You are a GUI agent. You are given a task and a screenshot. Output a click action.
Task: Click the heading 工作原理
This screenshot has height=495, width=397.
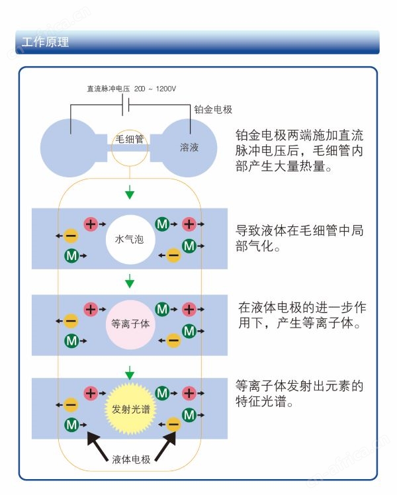click(x=46, y=42)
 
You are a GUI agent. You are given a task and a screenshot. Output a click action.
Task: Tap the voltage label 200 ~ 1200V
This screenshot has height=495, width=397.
click(x=155, y=89)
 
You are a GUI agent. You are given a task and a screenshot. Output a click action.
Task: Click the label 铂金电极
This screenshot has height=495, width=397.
click(x=213, y=110)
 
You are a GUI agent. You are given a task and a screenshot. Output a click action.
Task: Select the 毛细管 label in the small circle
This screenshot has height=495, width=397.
click(x=130, y=139)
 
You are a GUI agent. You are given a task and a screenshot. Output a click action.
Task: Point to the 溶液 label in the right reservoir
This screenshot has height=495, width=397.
click(x=189, y=147)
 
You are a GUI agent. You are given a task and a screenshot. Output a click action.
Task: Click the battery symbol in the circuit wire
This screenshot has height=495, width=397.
click(x=126, y=105)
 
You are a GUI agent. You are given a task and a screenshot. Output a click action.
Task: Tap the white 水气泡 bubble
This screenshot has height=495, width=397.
click(x=130, y=240)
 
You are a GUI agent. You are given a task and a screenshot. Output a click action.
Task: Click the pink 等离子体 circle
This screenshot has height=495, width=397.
click(x=130, y=324)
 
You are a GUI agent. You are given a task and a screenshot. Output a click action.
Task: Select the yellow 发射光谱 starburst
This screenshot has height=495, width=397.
click(x=130, y=409)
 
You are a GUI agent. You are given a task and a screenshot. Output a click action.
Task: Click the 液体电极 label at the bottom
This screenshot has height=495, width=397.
click(x=131, y=459)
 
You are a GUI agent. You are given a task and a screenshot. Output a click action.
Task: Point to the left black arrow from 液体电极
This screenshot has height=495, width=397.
click(x=97, y=446)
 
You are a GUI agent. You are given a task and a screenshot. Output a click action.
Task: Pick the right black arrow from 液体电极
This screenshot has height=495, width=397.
click(x=165, y=446)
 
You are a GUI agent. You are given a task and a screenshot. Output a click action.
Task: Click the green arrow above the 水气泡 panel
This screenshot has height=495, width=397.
click(x=130, y=193)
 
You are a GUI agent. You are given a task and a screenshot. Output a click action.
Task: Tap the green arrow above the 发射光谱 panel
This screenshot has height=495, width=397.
click(x=130, y=373)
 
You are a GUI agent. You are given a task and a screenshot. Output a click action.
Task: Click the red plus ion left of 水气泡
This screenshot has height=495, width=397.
click(x=91, y=224)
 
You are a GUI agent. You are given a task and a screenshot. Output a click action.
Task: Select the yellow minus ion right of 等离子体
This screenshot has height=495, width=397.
click(x=173, y=341)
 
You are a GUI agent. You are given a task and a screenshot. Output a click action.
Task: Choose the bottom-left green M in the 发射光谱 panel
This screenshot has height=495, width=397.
click(x=71, y=425)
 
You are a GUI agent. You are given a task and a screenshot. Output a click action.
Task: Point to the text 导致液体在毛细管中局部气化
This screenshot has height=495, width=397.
click(x=300, y=238)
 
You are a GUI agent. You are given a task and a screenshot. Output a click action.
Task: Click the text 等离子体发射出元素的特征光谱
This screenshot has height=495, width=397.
click(x=300, y=394)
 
